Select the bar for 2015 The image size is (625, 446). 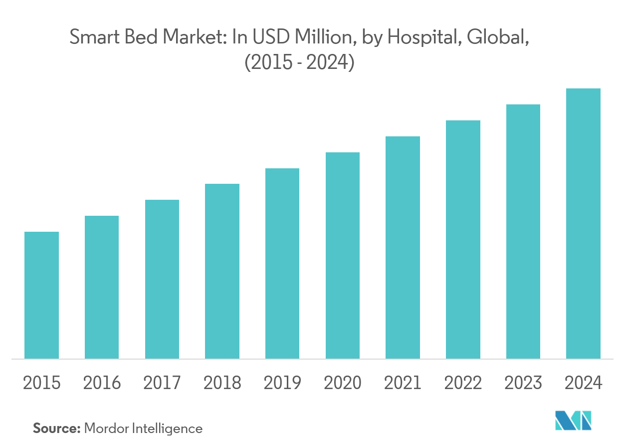pos(41,295)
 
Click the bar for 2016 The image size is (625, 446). pos(102,287)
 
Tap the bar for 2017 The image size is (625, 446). pos(162,279)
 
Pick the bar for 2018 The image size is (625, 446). pos(222,271)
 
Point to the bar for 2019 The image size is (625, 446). pos(282,263)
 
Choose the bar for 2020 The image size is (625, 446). pos(343,255)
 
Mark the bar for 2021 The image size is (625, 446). pos(403,247)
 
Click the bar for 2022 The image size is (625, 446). pos(463,239)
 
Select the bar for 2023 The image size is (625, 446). pos(523,231)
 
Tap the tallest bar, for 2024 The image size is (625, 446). pos(584,223)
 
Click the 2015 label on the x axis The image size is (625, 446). pos(42,383)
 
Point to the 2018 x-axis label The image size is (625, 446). pos(222,383)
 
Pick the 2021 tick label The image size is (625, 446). pos(403,383)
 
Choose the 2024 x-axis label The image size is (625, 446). pos(584,383)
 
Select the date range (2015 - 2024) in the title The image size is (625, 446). pos(299,64)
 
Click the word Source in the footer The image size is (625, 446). pos(56,428)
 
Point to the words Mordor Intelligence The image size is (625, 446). pos(143,429)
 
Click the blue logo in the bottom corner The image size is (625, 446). pos(573,421)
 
